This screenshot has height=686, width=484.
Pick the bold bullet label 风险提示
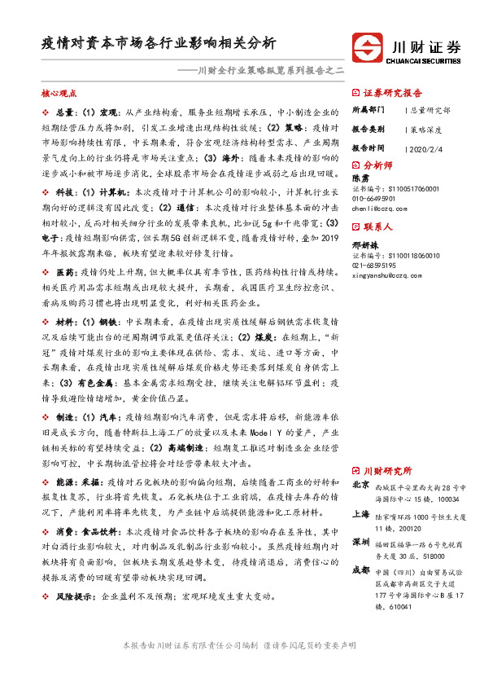[74, 596]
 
